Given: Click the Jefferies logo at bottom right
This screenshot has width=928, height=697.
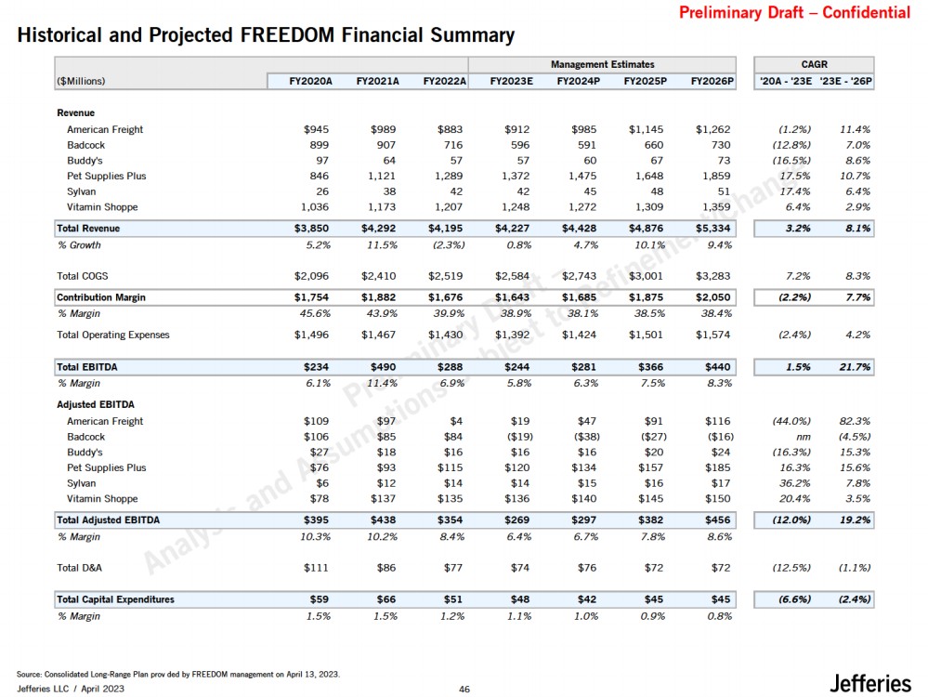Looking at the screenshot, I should coord(869,683).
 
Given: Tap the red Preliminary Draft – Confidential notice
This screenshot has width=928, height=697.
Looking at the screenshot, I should coord(794,13).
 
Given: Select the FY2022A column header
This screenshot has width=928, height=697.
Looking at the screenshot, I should coord(443,81).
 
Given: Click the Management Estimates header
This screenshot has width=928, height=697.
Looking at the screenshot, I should coord(602,64).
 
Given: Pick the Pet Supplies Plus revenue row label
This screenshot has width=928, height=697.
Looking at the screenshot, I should coord(106,176).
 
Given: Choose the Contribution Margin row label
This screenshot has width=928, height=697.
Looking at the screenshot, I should coord(101,297).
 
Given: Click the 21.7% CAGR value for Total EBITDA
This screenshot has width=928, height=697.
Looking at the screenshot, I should coord(853,367).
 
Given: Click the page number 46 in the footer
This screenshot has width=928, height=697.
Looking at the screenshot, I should coord(464,689).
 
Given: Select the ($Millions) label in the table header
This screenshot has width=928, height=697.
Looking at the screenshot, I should coord(80,81).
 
